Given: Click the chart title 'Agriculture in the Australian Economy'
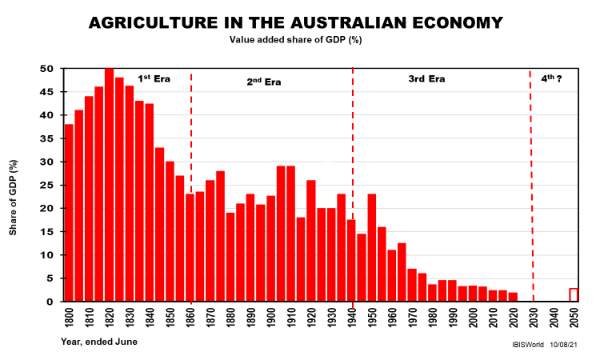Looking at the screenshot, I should pos(297,22).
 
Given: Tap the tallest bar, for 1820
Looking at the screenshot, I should pos(109,185).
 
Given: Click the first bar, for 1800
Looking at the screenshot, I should pos(69,213).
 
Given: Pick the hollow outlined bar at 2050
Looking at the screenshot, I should pos(574,294).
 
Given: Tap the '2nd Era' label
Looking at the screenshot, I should pos(263,81).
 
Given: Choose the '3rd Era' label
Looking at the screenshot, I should pos(426,79).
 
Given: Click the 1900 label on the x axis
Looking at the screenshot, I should pos(270,321).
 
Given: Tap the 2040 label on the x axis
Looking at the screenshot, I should pos(554,321).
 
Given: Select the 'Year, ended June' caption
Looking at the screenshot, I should pos(98,342).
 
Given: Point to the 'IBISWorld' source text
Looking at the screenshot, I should pos(528,344).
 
